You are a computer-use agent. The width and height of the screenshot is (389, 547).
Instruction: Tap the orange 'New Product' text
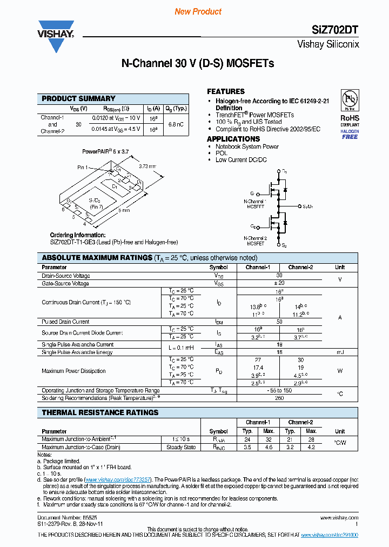(x=198, y=11)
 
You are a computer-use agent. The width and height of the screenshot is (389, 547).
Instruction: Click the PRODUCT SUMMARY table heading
(x=78, y=98)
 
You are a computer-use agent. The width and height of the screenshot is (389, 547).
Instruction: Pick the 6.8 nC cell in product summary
(x=176, y=124)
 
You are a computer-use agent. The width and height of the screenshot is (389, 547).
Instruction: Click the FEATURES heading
(x=226, y=91)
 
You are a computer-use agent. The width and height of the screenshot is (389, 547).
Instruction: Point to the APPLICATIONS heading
(x=233, y=139)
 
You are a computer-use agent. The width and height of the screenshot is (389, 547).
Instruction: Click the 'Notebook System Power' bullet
(x=247, y=146)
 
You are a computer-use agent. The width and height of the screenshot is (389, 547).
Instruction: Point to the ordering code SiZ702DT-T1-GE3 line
(x=113, y=242)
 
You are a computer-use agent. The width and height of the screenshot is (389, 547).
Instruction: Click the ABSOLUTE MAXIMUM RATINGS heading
(x=97, y=258)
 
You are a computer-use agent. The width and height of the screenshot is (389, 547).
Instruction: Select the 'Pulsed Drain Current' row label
(x=65, y=322)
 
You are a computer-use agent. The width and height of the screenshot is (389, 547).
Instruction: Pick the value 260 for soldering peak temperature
(x=279, y=398)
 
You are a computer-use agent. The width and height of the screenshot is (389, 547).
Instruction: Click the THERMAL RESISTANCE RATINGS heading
(x=100, y=412)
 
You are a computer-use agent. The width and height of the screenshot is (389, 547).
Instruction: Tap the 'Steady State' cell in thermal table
(x=181, y=447)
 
